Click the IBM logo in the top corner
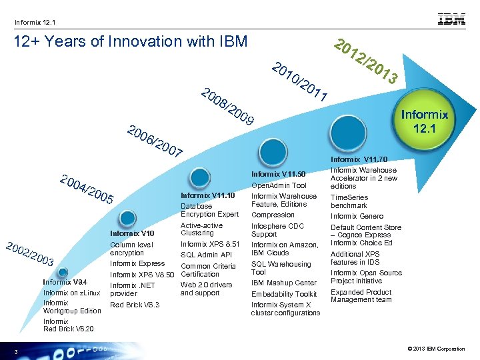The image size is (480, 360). tap(451, 19)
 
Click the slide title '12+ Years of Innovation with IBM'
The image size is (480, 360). tap(131, 42)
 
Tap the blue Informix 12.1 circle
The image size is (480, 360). tap(424, 119)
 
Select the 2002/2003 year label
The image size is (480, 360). tap(29, 253)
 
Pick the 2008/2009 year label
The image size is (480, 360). tap(227, 107)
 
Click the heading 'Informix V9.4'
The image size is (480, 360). tap(65, 281)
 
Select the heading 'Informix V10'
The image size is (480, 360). tap(132, 233)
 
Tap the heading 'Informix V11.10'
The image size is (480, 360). tap(207, 195)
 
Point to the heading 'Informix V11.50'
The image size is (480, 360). tap(279, 175)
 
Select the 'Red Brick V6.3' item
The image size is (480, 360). tap(135, 305)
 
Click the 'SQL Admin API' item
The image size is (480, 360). tap(206, 255)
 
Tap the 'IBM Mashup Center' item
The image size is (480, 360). tap(284, 283)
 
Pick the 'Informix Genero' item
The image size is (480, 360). tap(357, 216)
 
